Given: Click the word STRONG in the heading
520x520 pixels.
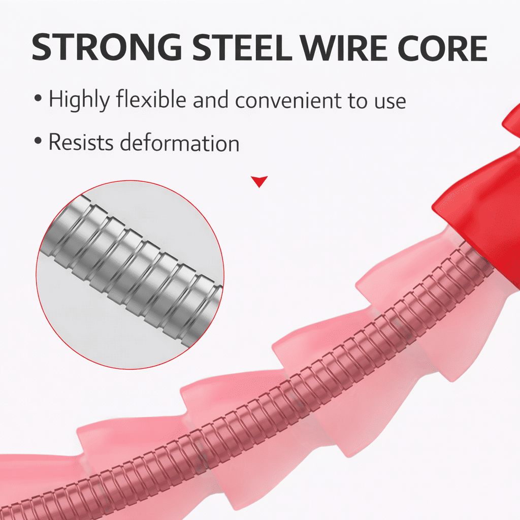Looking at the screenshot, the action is tap(107, 47).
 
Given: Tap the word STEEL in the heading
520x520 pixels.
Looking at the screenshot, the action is tap(242, 47).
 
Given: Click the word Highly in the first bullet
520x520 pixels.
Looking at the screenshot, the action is tap(79, 100).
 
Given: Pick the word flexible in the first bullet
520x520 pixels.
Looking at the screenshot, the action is tap(151, 99).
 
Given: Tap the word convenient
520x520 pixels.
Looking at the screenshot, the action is tap(287, 100).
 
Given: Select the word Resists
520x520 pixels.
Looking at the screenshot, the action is tap(81, 142).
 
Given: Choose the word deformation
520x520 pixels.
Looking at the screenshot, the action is tap(179, 142).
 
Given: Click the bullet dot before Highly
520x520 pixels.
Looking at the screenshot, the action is tap(38, 98).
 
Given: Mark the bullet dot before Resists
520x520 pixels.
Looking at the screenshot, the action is tap(38, 140).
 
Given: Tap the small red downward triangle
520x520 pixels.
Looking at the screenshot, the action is tap(259, 181).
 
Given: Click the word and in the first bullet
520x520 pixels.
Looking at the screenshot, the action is tap(211, 100).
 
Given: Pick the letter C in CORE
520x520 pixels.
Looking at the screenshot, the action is tap(410, 47).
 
